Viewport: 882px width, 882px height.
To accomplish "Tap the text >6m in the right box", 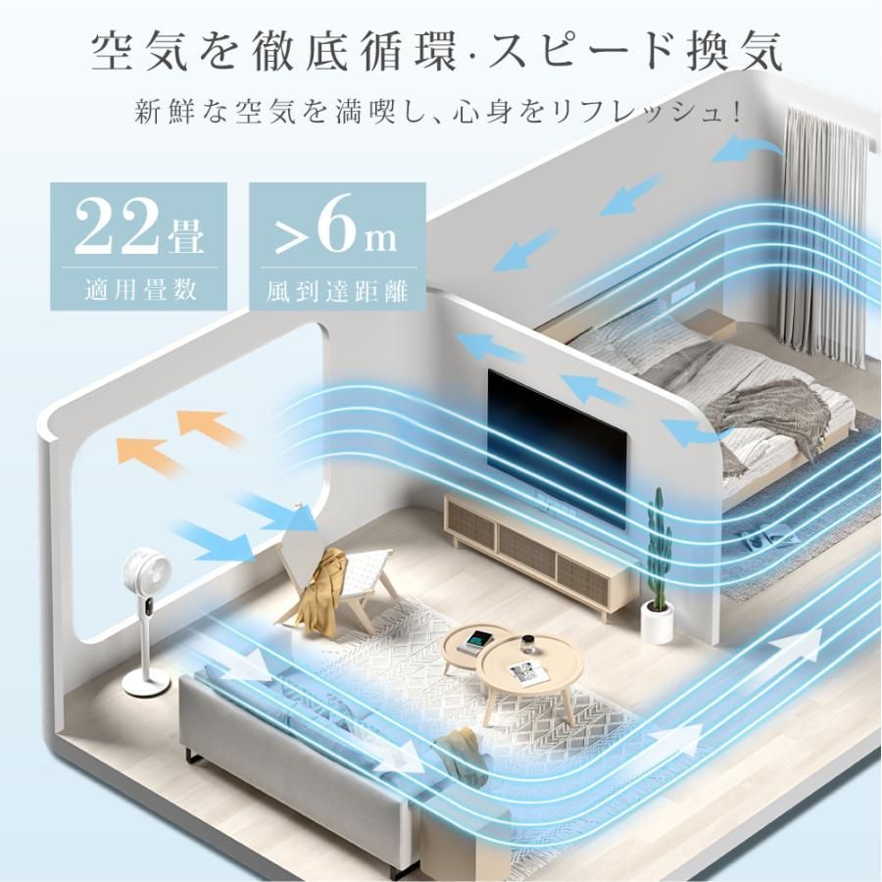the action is pos(335,226).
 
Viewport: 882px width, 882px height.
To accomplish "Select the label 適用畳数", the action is pos(140,290).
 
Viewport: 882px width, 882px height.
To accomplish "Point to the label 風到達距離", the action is pos(337,291).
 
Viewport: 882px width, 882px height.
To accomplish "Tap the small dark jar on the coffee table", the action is pos(529,643).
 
